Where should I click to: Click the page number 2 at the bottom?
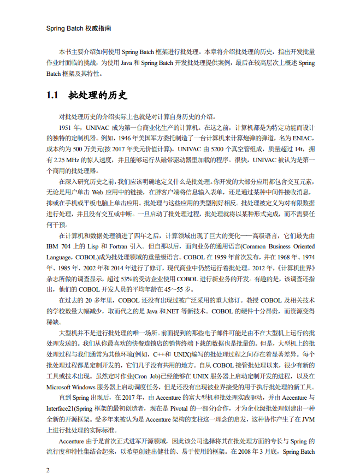[48, 469]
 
